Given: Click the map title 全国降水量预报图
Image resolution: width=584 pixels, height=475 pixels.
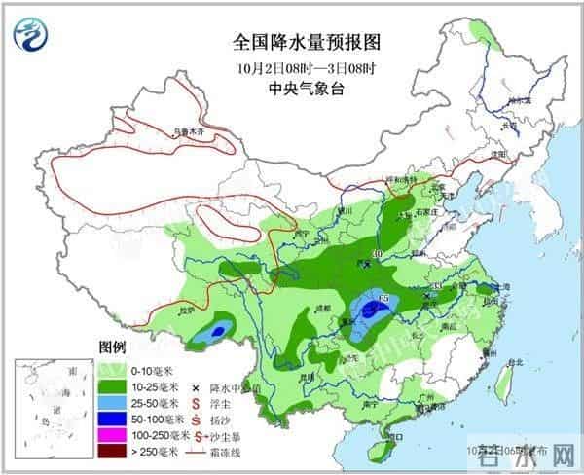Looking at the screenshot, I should coord(291,44).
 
